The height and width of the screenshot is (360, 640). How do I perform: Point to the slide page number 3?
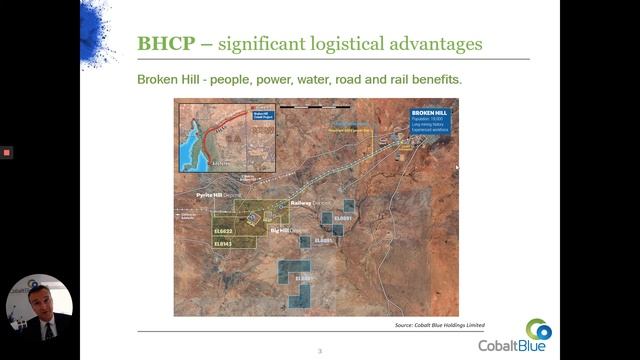pyautogui.click(x=320, y=351)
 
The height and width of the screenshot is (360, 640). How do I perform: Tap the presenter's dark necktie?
pyautogui.click(x=45, y=329)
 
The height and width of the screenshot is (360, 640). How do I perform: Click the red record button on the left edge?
pyautogui.click(x=6, y=152)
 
